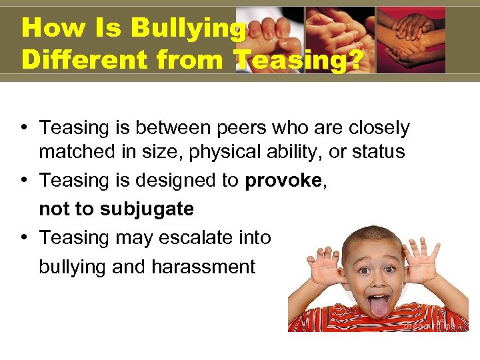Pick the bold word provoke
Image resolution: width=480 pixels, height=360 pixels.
click(x=283, y=181)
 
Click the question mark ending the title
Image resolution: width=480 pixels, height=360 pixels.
click(x=355, y=60)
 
